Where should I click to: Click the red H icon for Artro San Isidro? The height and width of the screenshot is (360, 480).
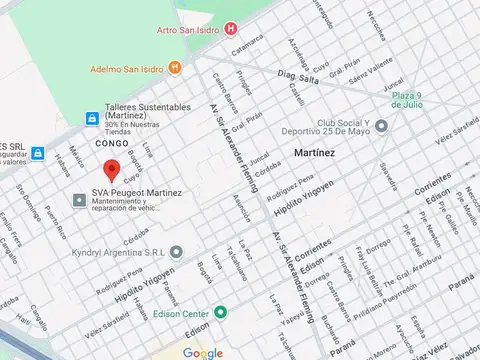point(232,30)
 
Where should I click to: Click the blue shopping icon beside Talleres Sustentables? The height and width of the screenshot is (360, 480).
point(87,118)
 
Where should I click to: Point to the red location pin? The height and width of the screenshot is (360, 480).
point(112,170)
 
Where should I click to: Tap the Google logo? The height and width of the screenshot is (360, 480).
point(203,352)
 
